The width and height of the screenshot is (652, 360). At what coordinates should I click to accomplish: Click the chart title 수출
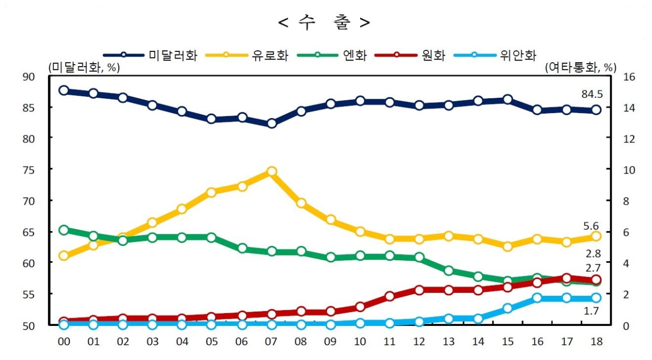(x=323, y=22)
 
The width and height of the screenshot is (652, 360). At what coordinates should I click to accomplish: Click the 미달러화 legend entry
(x=150, y=55)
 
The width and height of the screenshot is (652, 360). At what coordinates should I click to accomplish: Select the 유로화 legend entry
(x=247, y=55)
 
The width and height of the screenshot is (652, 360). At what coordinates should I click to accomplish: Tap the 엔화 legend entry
(x=332, y=55)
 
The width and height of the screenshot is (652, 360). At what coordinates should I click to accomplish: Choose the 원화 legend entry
(x=410, y=55)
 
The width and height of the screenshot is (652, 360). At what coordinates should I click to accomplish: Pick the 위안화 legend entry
(x=495, y=55)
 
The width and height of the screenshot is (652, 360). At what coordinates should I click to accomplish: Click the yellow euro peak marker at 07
(x=271, y=171)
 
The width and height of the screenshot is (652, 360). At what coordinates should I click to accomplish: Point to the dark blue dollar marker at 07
(x=271, y=123)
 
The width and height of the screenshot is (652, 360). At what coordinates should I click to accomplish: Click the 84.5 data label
(x=592, y=94)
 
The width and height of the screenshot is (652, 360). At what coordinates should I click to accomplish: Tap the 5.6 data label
(x=591, y=226)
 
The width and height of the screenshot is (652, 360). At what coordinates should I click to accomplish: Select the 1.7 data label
(x=591, y=311)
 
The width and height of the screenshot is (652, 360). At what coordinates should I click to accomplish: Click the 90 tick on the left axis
(x=29, y=77)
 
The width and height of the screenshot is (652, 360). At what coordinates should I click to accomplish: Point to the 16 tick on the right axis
(x=629, y=77)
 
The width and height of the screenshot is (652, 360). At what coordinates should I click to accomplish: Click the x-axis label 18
(x=596, y=341)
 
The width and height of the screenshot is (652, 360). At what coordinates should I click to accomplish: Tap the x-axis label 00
(x=64, y=341)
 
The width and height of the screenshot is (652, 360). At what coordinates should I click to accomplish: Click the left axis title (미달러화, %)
(x=84, y=68)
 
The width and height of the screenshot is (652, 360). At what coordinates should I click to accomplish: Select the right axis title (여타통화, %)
(x=581, y=68)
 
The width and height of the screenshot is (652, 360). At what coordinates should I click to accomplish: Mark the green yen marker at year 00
(x=64, y=230)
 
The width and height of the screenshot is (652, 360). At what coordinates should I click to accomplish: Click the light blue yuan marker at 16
(x=537, y=298)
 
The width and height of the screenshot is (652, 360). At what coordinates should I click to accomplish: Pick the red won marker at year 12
(x=419, y=290)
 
